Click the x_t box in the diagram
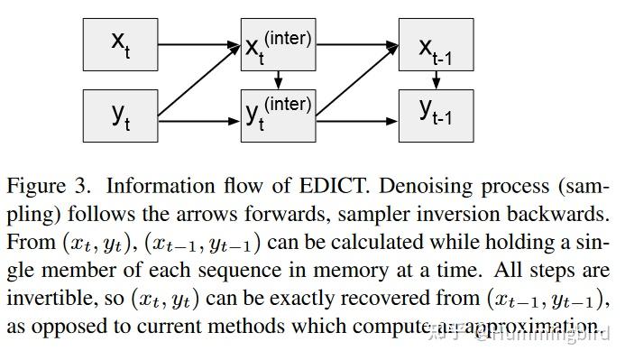click(120, 43)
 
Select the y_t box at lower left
click(120, 115)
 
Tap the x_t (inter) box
click(279, 43)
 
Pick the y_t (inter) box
click(279, 115)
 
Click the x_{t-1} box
click(436, 43)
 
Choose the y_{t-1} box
click(436, 115)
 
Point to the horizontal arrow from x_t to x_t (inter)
click(198, 43)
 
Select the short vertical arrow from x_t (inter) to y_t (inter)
click(279, 79)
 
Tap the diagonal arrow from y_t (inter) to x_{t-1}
click(357, 79)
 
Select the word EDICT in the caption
click(321, 187)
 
